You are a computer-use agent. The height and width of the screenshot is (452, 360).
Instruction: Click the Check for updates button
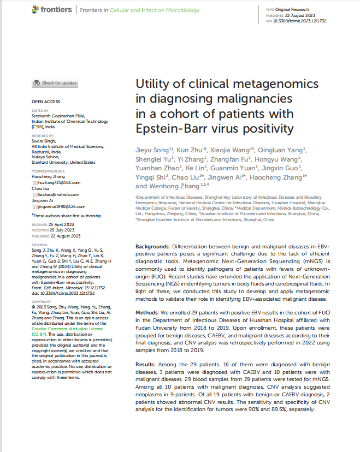55,83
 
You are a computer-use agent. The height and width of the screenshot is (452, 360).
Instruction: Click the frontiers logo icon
37,9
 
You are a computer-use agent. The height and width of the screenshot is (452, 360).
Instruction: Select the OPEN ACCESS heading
46,102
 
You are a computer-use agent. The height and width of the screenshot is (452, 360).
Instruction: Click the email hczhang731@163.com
59,182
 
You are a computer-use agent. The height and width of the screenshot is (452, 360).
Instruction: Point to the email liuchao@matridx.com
59,194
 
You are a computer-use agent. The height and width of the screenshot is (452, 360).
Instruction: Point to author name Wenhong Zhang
173,186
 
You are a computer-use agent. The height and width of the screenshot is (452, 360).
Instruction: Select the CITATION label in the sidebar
40,245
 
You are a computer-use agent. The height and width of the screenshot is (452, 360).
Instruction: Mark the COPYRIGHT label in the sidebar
42,301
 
